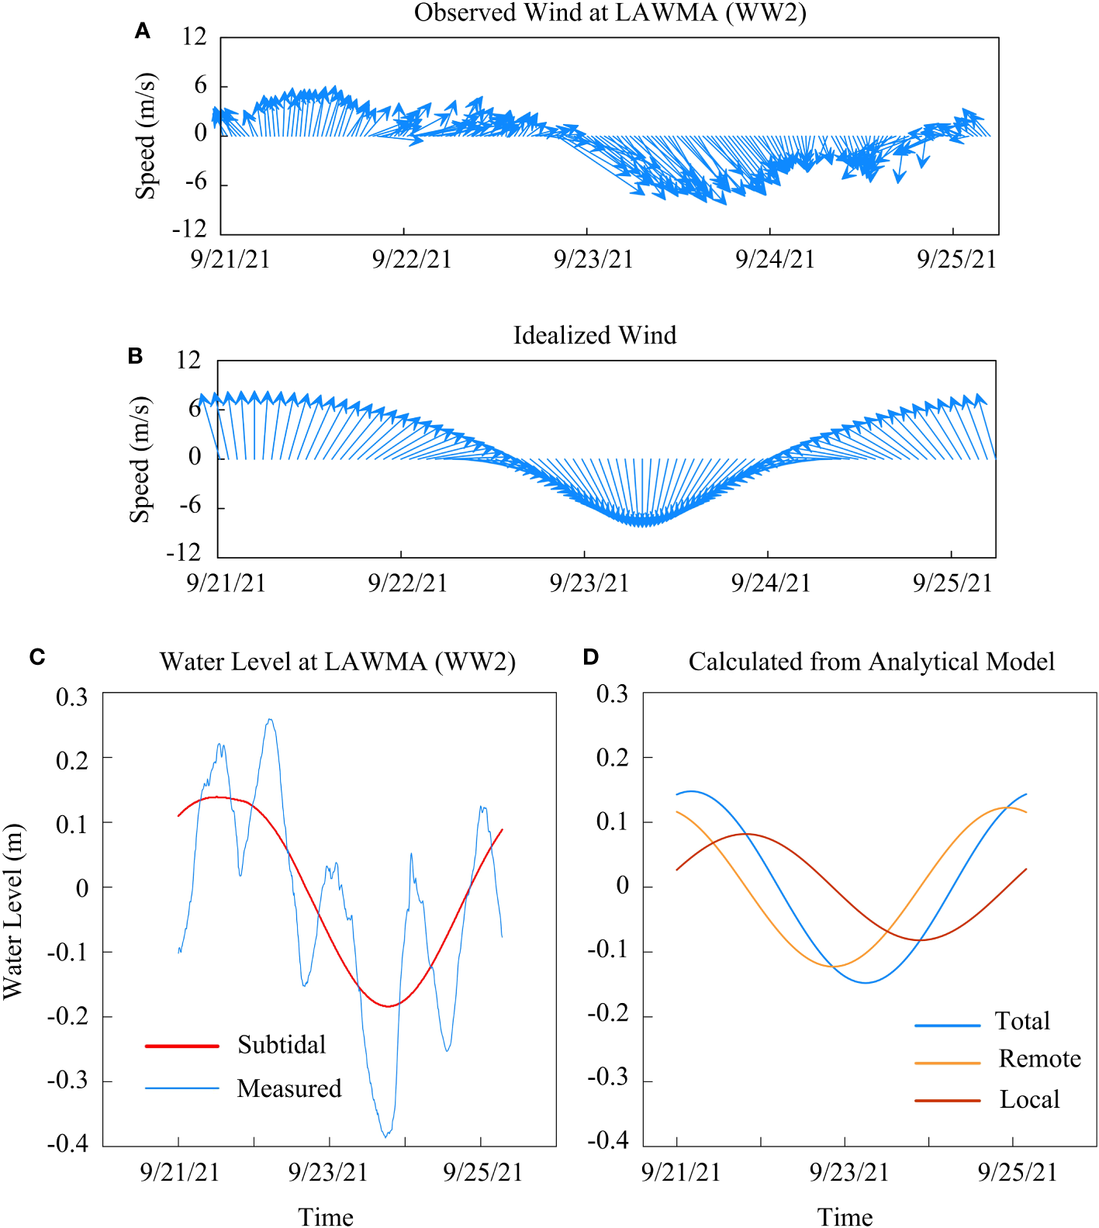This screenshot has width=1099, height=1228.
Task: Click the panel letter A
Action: click(142, 31)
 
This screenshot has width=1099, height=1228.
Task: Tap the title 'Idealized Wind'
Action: click(594, 335)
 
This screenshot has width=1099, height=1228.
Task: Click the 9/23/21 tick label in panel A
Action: click(593, 259)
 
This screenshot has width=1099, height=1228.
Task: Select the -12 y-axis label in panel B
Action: click(183, 552)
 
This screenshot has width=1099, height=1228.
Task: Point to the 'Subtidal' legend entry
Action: click(281, 1045)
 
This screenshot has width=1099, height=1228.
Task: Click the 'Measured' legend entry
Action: click(289, 1088)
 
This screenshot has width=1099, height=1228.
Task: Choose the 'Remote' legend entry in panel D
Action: click(1039, 1059)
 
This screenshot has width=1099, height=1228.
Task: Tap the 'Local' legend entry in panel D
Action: click(1029, 1099)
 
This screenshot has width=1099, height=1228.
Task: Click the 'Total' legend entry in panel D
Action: click(1022, 1021)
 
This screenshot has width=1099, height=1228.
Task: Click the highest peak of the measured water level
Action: click(270, 720)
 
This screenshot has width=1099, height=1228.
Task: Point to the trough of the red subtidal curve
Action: click(389, 1006)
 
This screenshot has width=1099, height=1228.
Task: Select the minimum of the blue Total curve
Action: click(866, 983)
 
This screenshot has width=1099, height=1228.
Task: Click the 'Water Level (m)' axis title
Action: click(13, 911)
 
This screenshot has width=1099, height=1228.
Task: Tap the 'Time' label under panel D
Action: click(845, 1216)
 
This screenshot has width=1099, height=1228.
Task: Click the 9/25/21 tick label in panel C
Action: click(482, 1172)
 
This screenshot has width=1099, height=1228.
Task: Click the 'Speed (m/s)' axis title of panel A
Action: click(146, 136)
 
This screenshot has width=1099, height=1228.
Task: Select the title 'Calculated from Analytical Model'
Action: click(871, 662)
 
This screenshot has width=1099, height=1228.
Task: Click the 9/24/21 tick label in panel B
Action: click(770, 583)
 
